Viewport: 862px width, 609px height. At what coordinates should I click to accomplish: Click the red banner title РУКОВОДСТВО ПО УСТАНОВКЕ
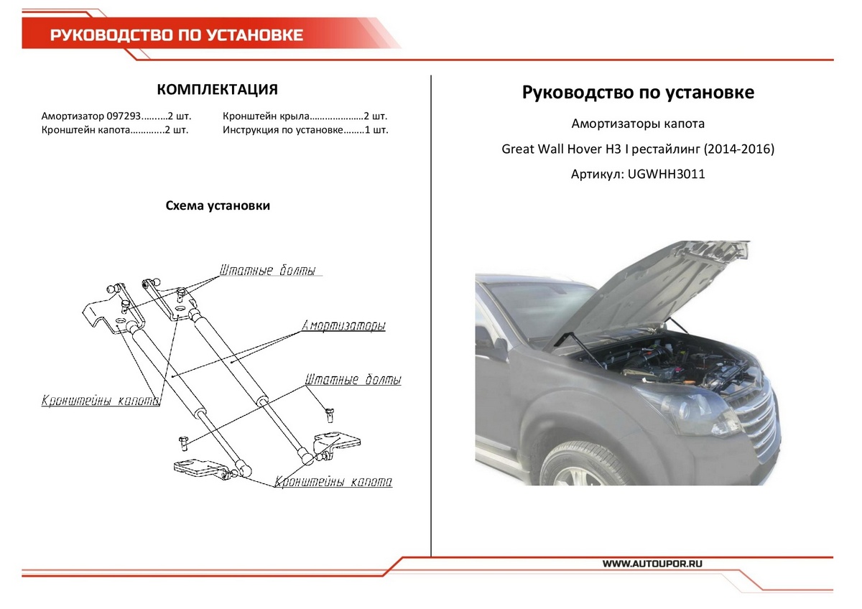177,35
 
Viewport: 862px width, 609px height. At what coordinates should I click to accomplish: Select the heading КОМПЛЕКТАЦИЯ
217,90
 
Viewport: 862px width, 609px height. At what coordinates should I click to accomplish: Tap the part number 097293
121,116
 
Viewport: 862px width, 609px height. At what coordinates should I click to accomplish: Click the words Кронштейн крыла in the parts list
266,116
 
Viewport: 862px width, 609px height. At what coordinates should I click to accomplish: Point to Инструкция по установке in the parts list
281,130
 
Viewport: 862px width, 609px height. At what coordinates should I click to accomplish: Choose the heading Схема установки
218,206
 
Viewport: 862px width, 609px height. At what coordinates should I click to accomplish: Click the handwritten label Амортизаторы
344,325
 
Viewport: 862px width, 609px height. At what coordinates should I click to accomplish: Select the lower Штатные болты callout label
353,380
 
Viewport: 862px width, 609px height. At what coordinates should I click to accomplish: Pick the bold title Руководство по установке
638,93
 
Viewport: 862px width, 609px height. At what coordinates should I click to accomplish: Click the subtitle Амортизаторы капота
638,124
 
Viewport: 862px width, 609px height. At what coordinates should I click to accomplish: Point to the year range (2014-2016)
738,149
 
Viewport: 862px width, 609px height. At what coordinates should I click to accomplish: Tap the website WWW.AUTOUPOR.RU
651,564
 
